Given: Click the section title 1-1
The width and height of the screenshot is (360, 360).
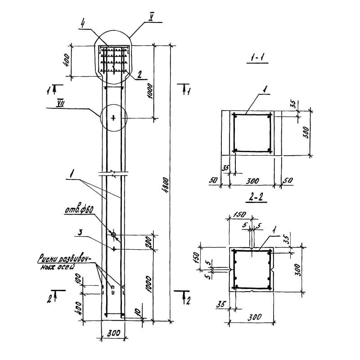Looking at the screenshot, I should click(257, 59).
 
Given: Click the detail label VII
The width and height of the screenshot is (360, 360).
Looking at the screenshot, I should click(61, 103).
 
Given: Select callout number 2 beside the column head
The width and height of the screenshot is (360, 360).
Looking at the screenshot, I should click(140, 76).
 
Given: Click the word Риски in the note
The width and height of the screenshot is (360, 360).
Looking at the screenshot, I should click(50, 259).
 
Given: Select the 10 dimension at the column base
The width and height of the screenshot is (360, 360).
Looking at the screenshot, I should click(137, 311).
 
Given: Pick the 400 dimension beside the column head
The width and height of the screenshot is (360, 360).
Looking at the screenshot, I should click(67, 59).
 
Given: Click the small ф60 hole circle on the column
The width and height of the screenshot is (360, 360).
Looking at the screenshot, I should click(113, 234).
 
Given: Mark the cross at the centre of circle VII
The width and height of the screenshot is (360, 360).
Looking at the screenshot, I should click(113, 118).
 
